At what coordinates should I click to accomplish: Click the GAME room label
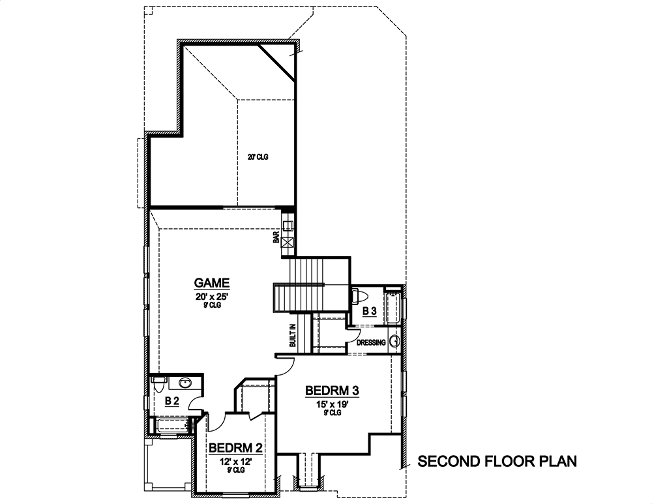212,283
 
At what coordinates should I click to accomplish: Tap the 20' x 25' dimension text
212,297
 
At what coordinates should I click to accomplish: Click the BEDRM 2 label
235,448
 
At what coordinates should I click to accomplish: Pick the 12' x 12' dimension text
235,461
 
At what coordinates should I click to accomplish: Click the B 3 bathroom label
370,311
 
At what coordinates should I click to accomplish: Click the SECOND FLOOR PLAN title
497,462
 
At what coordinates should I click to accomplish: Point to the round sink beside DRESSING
394,342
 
